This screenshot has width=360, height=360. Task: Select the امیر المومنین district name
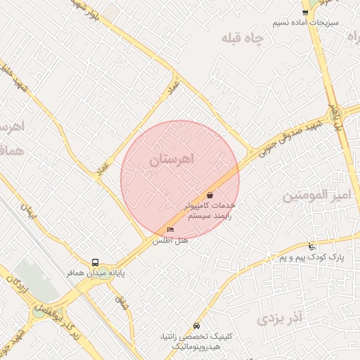click(x=316, y=195)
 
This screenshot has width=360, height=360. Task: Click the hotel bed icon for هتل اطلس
click(x=170, y=230)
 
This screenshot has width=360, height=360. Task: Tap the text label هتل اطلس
click(x=171, y=240)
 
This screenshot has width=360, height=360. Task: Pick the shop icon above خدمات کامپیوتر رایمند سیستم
click(x=210, y=195)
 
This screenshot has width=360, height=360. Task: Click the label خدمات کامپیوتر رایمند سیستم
click(x=209, y=211)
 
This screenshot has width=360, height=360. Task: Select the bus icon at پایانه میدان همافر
click(x=96, y=262)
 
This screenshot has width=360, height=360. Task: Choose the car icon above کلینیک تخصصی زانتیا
click(x=196, y=326)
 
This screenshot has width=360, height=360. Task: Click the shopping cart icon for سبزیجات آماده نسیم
click(x=305, y=13)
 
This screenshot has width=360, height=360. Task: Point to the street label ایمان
click(x=28, y=209)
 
